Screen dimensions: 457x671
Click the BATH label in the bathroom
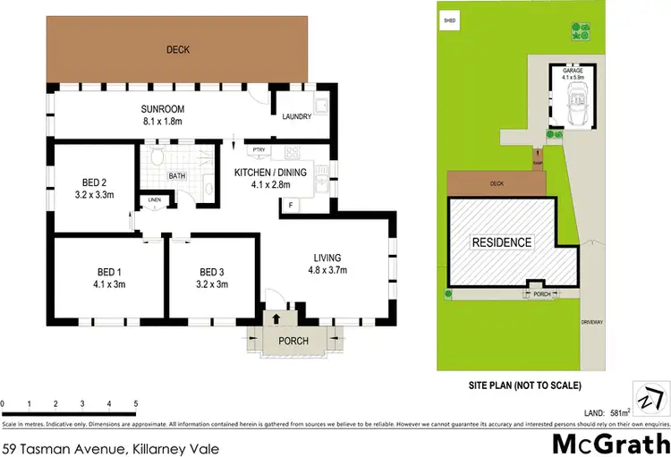coord(177,175)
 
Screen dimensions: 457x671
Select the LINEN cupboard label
coord(155,199)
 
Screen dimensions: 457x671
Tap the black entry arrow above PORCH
coord(276,317)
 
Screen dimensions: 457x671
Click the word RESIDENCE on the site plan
coord(502,242)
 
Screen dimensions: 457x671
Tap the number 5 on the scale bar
coord(135,403)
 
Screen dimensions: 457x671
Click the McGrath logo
coord(609,443)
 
